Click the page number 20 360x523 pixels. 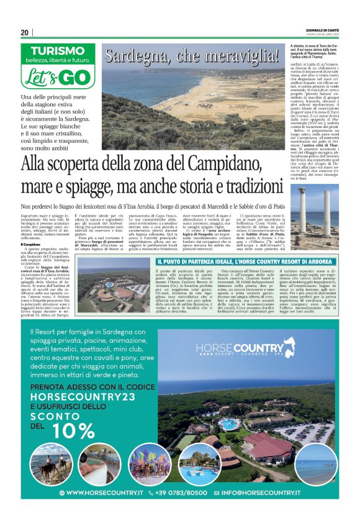coord(25,33)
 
